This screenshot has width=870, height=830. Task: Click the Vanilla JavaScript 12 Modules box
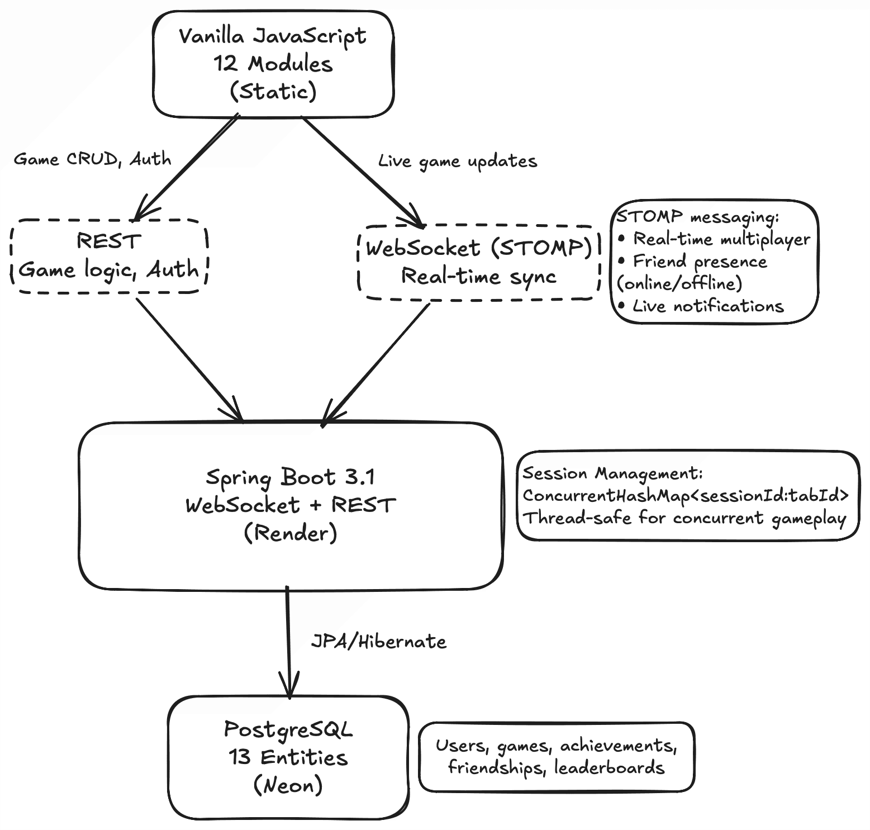tap(273, 64)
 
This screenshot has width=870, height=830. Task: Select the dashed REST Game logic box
tap(109, 256)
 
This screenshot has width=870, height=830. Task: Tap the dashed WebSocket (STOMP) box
tap(478, 262)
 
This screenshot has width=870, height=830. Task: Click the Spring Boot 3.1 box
tap(291, 505)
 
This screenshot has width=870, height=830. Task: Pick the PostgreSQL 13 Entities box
tap(288, 757)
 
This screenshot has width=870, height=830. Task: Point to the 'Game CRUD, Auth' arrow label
tap(92, 159)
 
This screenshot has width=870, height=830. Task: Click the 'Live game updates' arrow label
tap(458, 162)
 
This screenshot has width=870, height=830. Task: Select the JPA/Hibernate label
tap(379, 642)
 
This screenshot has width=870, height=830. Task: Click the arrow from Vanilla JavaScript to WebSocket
tap(360, 170)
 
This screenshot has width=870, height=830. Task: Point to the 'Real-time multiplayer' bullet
tap(721, 239)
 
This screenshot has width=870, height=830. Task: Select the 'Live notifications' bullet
tap(708, 306)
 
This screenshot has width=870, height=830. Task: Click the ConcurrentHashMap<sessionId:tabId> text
tap(686, 496)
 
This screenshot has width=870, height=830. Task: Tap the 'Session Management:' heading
tap(612, 473)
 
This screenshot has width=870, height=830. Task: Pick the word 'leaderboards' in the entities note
tap(609, 768)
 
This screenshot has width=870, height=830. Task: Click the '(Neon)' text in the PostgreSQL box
tap(288, 785)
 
